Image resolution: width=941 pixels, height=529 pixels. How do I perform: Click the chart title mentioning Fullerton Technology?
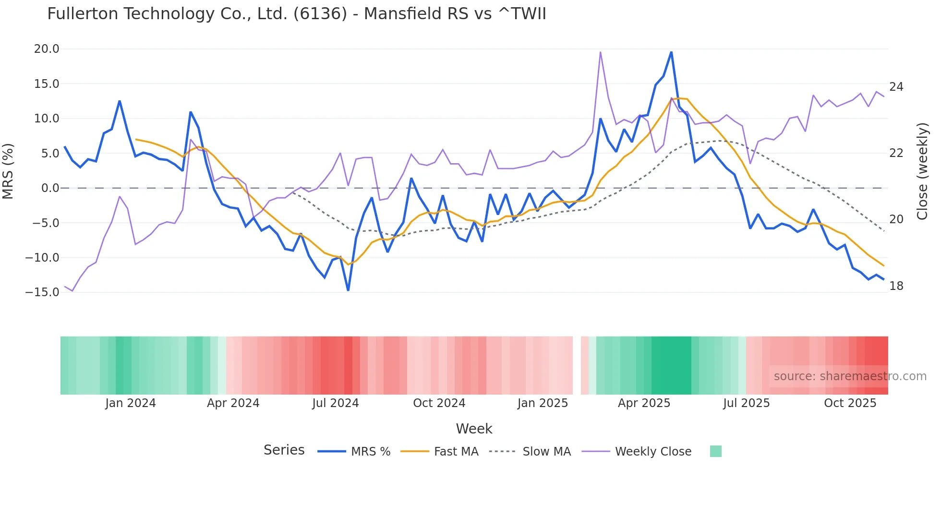296,13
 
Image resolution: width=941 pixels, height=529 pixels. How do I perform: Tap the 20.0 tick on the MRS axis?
47,49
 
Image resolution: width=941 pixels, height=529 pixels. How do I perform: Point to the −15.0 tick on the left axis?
42,292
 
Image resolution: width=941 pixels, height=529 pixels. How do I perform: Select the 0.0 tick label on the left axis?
50,188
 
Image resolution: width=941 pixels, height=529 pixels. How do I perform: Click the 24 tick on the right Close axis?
896,87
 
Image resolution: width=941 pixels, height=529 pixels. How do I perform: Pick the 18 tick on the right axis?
896,286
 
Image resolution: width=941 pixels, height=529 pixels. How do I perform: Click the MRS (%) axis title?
8,171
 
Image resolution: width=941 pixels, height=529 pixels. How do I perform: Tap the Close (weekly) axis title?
922,171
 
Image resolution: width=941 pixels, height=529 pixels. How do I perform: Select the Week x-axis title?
474,429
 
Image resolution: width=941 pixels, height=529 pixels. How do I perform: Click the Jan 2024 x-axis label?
131,403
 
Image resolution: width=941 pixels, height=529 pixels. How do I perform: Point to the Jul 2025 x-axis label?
746,403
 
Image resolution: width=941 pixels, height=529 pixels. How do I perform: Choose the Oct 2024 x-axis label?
439,403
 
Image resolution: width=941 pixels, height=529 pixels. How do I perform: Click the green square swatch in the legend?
715,451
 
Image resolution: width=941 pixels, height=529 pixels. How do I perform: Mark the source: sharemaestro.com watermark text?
850,376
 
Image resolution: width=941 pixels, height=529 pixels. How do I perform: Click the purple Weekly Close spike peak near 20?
601,52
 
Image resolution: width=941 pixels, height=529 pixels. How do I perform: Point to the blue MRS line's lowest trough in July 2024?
348,290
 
